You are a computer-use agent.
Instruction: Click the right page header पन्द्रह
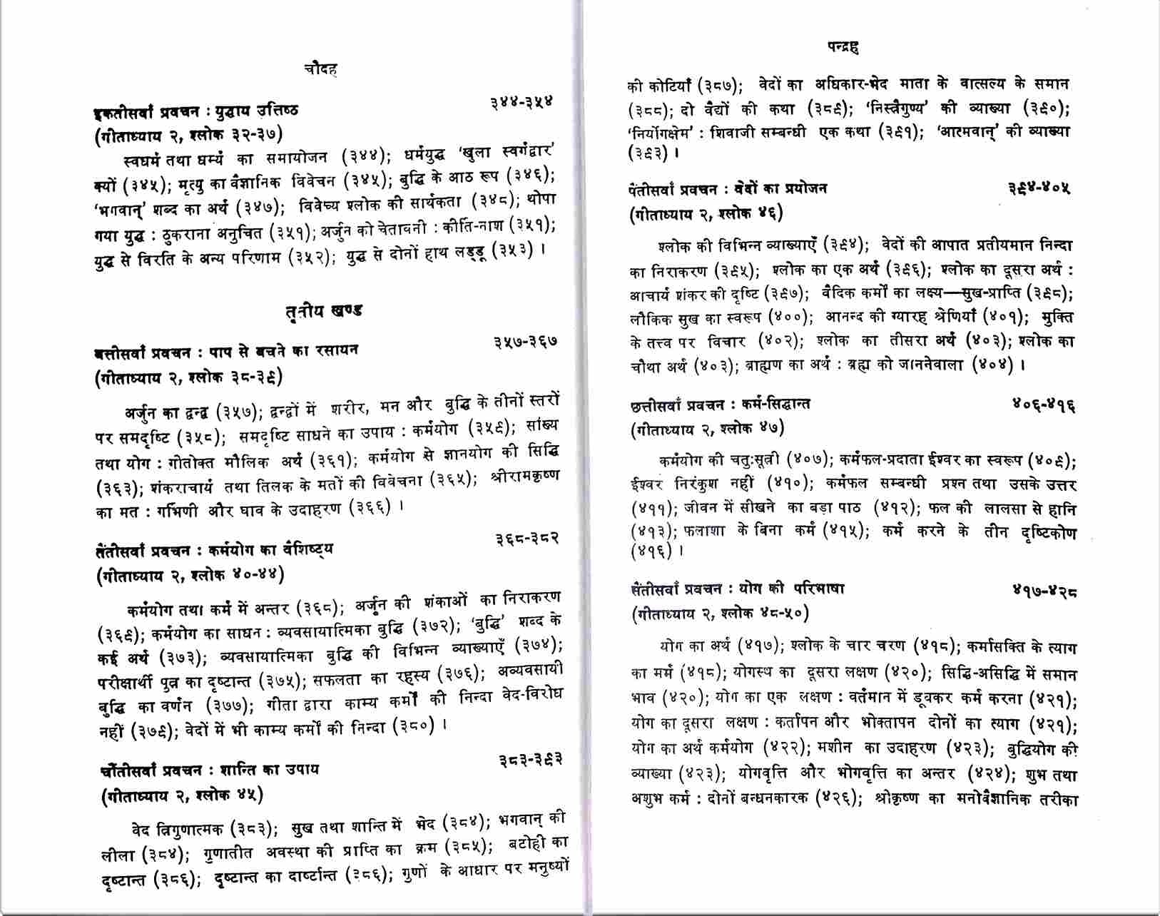click(x=843, y=48)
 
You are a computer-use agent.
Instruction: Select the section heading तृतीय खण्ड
click(x=322, y=311)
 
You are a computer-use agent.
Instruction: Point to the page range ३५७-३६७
click(x=525, y=342)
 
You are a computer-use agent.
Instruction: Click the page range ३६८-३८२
click(x=527, y=539)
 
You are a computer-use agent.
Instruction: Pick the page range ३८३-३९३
click(x=531, y=760)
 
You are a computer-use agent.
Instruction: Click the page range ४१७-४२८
click(x=1044, y=591)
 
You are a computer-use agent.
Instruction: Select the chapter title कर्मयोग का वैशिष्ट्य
click(x=271, y=551)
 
